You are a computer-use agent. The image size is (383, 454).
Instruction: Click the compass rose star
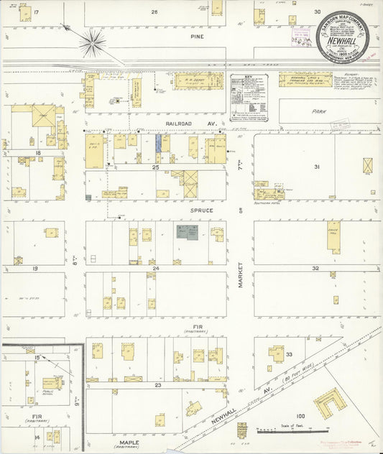[x=92, y=42]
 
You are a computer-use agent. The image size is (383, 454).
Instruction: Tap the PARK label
[x=320, y=112]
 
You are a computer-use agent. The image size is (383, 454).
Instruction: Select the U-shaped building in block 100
[x=330, y=404]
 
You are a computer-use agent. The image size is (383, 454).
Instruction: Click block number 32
[x=315, y=268]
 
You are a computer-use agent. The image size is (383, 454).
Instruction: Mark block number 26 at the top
[x=154, y=12]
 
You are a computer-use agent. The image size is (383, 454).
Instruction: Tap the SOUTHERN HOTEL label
[x=267, y=203]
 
